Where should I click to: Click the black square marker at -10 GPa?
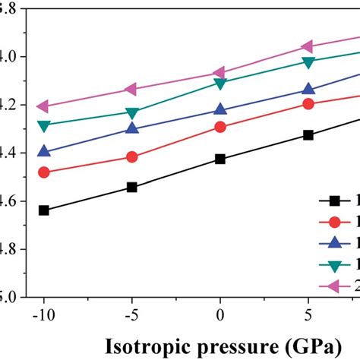pyautogui.click(x=43, y=210)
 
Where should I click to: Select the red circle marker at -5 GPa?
pyautogui.click(x=131, y=157)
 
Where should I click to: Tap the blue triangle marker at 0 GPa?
pyautogui.click(x=220, y=110)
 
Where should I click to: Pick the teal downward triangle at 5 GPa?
pyautogui.click(x=308, y=62)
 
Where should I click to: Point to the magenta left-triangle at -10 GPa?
pyautogui.click(x=43, y=106)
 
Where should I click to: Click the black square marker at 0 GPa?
pyautogui.click(x=220, y=159)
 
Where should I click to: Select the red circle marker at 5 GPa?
pyautogui.click(x=308, y=103)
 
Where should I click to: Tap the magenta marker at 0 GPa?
pyautogui.click(x=220, y=73)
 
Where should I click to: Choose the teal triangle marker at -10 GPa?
pyautogui.click(x=43, y=125)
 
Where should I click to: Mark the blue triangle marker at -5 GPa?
pyautogui.click(x=131, y=128)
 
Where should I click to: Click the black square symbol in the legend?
pyautogui.click(x=333, y=201)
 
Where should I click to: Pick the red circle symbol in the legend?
pyautogui.click(x=333, y=222)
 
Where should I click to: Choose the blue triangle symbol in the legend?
pyautogui.click(x=333, y=243)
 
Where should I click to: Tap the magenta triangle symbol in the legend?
pyautogui.click(x=333, y=286)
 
